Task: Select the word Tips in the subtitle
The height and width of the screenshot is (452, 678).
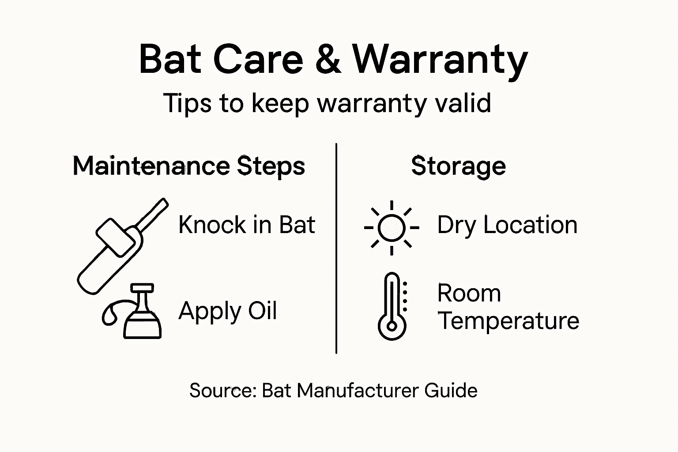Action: tap(184, 103)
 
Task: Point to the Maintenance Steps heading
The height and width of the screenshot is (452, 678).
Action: tap(189, 166)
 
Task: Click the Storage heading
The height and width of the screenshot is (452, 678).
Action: tap(458, 166)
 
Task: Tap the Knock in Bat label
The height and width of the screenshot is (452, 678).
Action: tap(247, 225)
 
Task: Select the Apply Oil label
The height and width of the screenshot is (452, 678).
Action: tap(228, 311)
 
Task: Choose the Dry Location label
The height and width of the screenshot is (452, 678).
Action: tap(507, 225)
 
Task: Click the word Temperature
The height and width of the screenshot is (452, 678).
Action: tap(508, 321)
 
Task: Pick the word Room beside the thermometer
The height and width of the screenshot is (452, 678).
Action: tap(469, 294)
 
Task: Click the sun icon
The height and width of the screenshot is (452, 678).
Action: tap(392, 228)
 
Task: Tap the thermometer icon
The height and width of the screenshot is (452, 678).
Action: tap(392, 306)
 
